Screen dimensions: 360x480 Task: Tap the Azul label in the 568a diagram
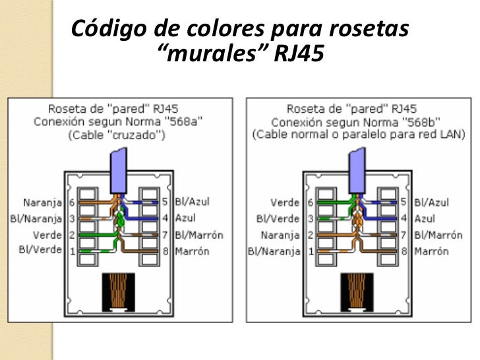pyautogui.click(x=187, y=218)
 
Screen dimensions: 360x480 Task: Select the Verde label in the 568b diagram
pyautogui.click(x=285, y=202)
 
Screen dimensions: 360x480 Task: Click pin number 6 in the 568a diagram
pyautogui.click(x=71, y=202)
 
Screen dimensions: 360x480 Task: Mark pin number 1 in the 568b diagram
pyautogui.click(x=309, y=251)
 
